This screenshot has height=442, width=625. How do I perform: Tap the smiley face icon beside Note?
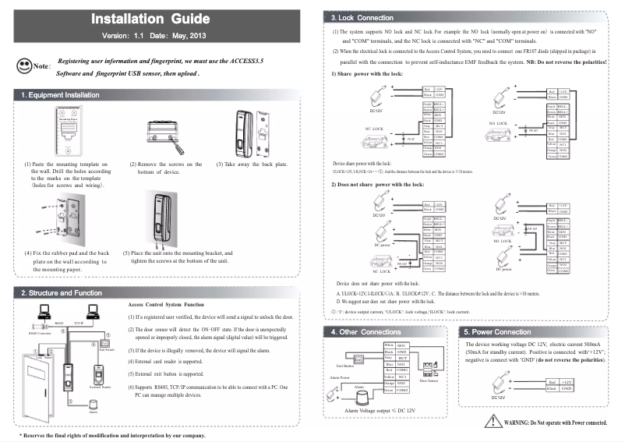tap(22, 67)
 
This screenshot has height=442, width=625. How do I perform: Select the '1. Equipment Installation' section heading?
tap(61, 95)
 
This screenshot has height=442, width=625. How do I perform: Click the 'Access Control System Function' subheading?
tap(165, 304)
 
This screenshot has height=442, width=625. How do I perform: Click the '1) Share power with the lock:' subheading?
tap(367, 72)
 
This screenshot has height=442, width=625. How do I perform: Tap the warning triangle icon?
tap(493, 422)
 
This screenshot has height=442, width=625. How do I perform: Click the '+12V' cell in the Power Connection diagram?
tap(568, 381)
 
